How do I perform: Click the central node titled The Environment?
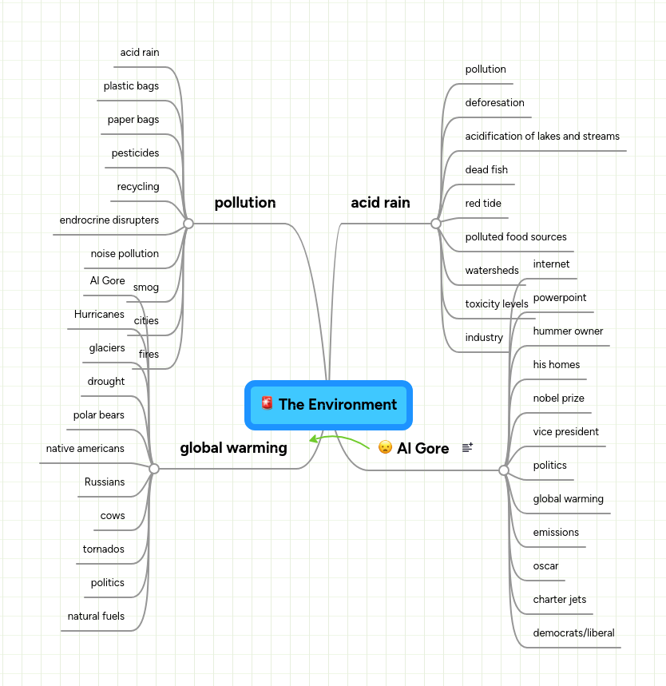(x=328, y=404)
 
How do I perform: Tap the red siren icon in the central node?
(x=267, y=403)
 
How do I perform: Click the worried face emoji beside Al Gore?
(x=385, y=447)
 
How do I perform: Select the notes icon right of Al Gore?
(x=467, y=448)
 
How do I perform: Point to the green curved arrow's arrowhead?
(x=313, y=438)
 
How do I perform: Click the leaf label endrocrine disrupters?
(x=109, y=220)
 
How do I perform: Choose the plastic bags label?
(x=131, y=86)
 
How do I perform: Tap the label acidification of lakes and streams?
(x=542, y=137)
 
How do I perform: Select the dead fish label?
(x=486, y=170)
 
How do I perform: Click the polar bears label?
(x=99, y=415)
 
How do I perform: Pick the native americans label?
(x=85, y=449)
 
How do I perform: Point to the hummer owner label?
(x=568, y=331)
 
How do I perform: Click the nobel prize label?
(x=558, y=399)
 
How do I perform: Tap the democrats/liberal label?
(x=573, y=633)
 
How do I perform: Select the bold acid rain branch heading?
(x=380, y=203)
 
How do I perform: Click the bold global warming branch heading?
(x=233, y=448)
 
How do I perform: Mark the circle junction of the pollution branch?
(x=188, y=224)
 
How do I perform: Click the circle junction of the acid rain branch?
(x=436, y=224)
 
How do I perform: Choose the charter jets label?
(x=559, y=600)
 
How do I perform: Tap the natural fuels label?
(x=96, y=617)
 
